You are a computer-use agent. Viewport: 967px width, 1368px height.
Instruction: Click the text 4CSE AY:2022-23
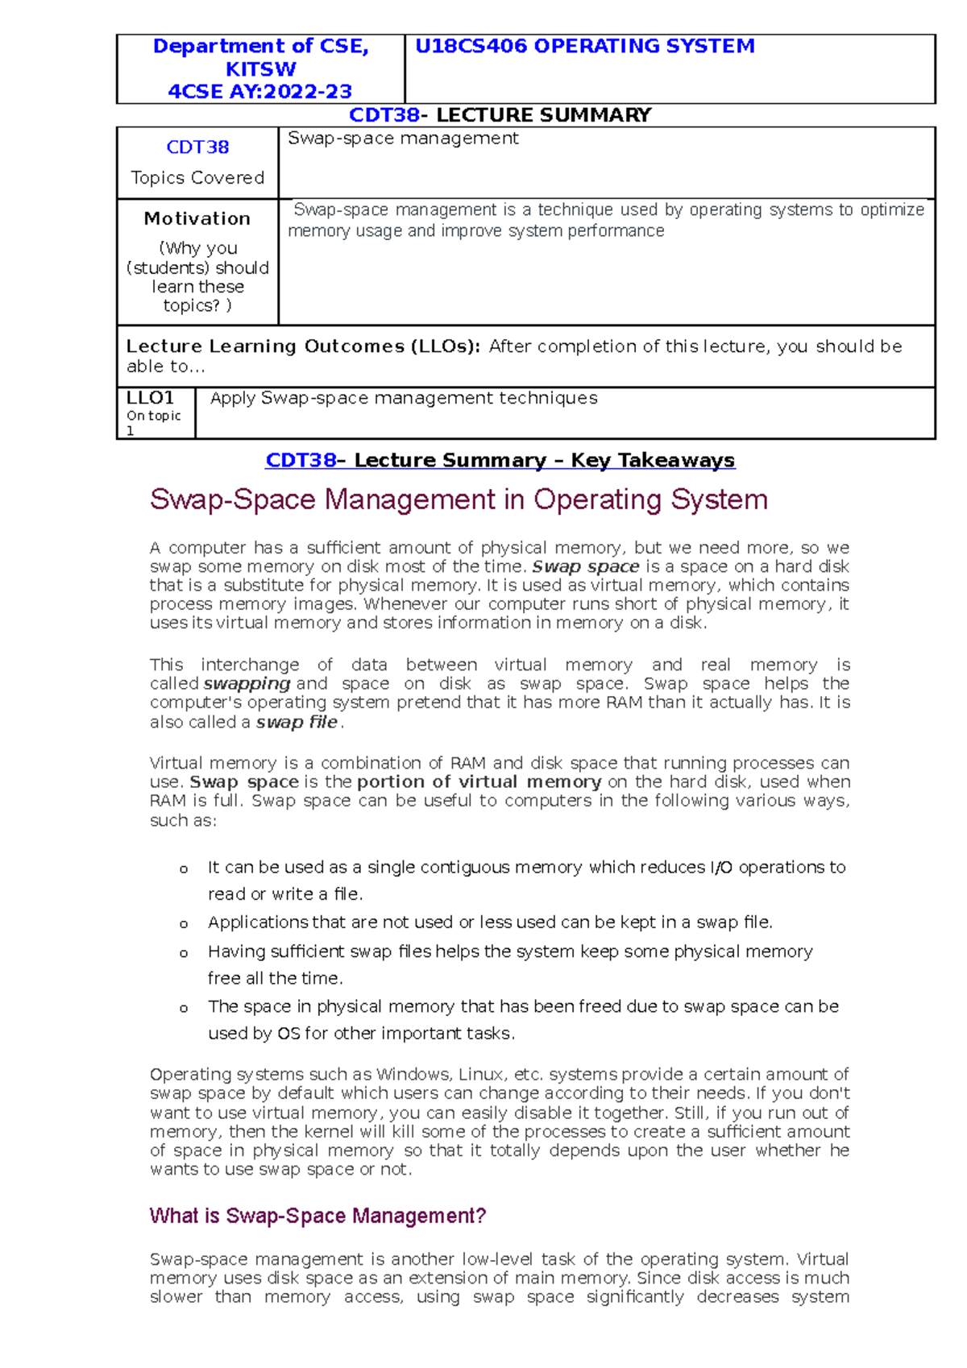260,92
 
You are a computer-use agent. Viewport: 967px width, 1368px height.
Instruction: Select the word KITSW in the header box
260,69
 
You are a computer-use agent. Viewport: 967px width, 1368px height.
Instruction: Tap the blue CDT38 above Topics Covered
197,147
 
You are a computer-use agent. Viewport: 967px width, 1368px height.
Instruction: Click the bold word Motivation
197,218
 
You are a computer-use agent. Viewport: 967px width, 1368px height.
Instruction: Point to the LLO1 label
150,398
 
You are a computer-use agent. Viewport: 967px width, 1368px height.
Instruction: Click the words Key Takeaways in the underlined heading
653,461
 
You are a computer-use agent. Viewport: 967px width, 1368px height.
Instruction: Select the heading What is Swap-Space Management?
317,1216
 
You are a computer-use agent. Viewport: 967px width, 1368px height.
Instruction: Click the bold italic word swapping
247,684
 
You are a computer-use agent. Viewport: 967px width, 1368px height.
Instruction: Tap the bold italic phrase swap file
297,723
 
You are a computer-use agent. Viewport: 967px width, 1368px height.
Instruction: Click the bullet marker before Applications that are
184,924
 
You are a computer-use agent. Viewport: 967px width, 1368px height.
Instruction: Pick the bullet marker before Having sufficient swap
184,953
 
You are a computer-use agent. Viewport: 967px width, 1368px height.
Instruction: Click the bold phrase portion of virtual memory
479,782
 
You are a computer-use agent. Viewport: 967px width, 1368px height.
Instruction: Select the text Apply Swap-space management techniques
404,398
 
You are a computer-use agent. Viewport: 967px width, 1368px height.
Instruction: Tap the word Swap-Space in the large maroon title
233,500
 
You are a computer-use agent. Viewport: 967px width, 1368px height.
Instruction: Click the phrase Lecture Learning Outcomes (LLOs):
303,346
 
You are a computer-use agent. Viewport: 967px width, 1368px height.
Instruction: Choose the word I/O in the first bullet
720,868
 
